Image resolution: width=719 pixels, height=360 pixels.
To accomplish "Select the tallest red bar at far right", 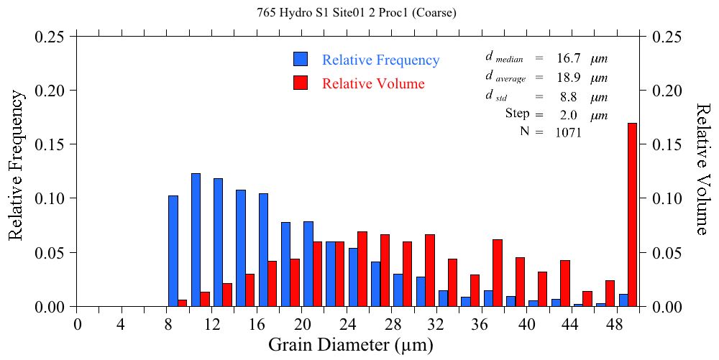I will (x=632, y=215).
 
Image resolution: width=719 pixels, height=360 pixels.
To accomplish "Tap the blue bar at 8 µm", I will (x=173, y=251).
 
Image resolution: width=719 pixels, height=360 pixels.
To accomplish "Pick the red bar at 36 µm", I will (x=497, y=273).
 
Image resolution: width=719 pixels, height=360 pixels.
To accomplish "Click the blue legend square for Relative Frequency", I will (x=301, y=60).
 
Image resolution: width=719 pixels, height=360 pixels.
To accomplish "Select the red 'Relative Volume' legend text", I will (x=373, y=83).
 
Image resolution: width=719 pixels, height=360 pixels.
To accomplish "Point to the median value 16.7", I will (x=568, y=59).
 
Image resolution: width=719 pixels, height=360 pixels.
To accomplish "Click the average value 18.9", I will (x=568, y=78).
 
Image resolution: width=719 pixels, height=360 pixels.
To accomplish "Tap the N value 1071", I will (x=568, y=132).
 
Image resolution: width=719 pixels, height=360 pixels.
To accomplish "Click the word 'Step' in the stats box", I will (x=517, y=114).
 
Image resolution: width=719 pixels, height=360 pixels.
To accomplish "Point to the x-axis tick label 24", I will (x=347, y=324).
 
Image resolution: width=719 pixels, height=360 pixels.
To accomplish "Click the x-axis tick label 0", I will (x=77, y=324).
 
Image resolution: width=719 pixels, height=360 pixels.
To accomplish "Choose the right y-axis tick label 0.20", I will (x=667, y=91).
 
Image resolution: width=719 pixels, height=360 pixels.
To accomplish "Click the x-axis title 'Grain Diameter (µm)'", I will (x=351, y=345).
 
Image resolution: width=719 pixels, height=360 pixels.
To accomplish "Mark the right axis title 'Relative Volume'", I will (x=702, y=168).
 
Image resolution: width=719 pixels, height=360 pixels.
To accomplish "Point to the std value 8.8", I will (x=568, y=96).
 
